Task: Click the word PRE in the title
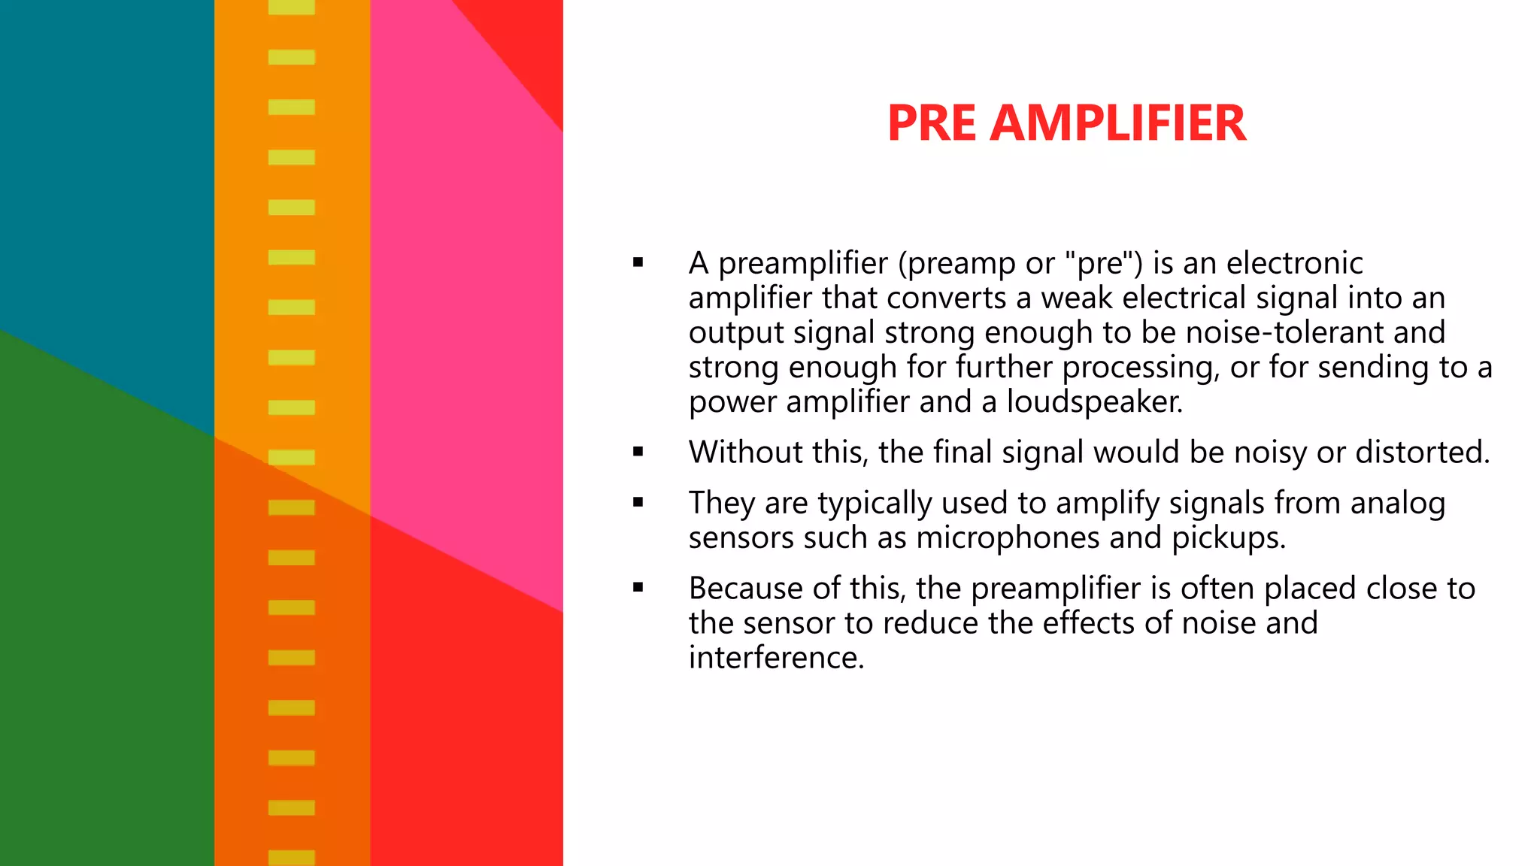[x=932, y=123]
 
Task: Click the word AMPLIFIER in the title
[x=1118, y=123]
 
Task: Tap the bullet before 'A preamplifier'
[x=638, y=263]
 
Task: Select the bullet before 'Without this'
[x=638, y=453]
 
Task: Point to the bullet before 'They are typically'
[x=638, y=503]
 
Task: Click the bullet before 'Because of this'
[x=638, y=589]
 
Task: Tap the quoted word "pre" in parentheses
[x=1100, y=263]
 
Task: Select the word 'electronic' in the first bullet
[x=1294, y=263]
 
